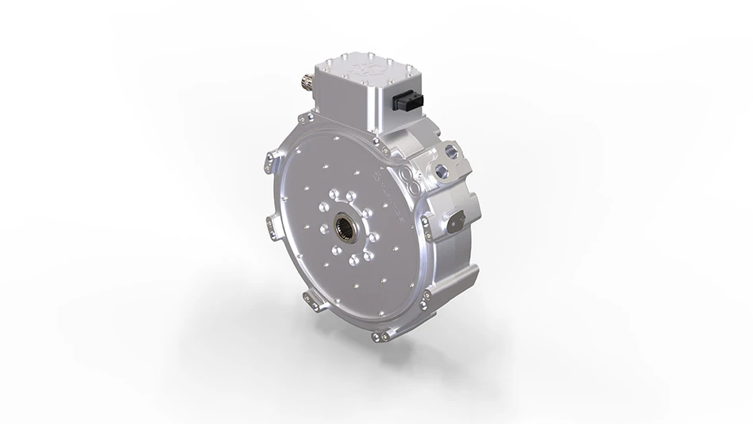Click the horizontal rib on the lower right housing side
(455, 263)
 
